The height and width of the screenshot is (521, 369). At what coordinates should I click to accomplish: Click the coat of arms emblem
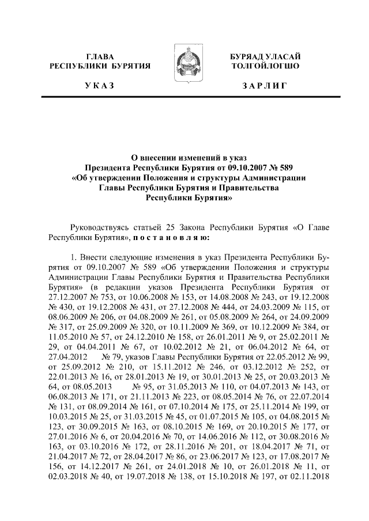184,67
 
